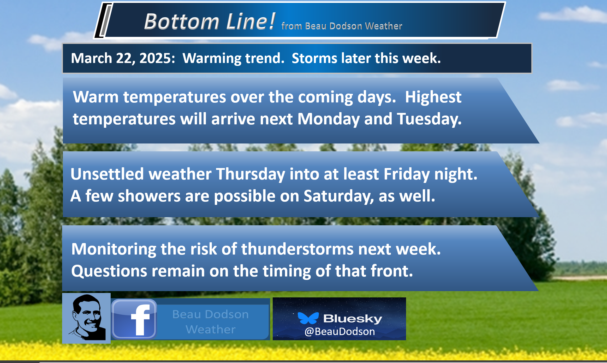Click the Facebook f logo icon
click(x=134, y=319)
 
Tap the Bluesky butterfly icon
click(x=308, y=318)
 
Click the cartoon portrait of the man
click(x=86, y=318)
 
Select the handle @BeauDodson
click(x=340, y=331)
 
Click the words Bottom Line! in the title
click(x=210, y=21)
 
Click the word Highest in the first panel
click(x=433, y=97)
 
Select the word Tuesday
click(x=429, y=119)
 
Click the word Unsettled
click(x=107, y=174)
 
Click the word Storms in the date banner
click(x=314, y=58)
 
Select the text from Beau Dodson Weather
click(x=342, y=26)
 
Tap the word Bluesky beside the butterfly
click(x=353, y=319)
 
